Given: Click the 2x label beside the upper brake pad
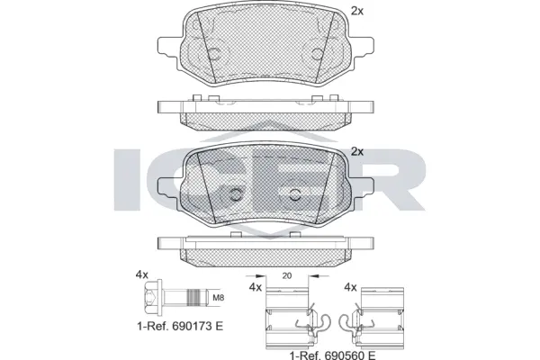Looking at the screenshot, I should [x=356, y=12].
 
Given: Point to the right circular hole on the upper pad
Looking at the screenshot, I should [x=316, y=56].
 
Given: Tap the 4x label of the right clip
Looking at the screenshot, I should [x=351, y=287].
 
